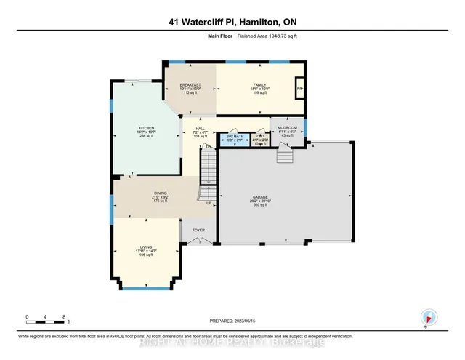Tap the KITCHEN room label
[147, 128]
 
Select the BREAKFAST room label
[190, 85]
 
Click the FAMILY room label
[259, 85]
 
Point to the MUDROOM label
[288, 127]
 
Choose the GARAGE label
[283, 196]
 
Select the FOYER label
[198, 231]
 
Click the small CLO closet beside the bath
[260, 137]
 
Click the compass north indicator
[429, 317]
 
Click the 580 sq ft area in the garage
[283, 204]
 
